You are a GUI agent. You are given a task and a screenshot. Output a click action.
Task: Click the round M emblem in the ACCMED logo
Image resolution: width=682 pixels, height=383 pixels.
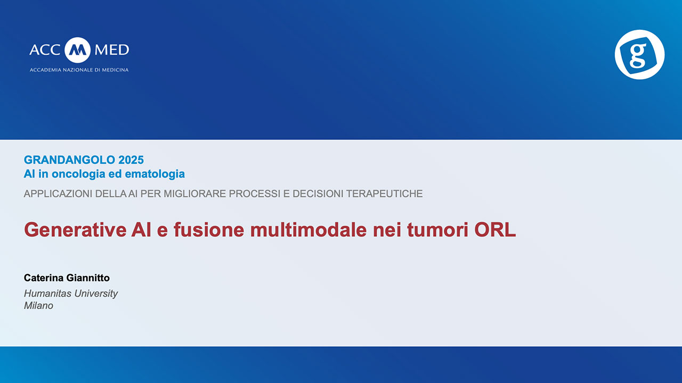(x=77, y=50)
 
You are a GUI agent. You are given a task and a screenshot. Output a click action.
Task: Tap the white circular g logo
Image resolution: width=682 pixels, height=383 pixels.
(x=639, y=54)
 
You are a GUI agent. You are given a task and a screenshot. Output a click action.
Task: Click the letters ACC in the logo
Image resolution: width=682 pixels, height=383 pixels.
(x=45, y=50)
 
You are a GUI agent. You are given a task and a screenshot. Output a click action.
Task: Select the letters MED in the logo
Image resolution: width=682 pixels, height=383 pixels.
(x=112, y=50)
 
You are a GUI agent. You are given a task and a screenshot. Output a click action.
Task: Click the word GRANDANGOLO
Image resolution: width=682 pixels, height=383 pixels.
(x=69, y=160)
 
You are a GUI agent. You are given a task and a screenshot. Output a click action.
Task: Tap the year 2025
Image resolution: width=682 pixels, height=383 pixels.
(x=131, y=160)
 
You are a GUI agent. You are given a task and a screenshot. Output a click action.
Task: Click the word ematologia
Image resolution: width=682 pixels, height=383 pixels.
(x=155, y=174)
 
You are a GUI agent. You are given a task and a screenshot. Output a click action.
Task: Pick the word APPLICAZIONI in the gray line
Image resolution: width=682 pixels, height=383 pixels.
(x=58, y=194)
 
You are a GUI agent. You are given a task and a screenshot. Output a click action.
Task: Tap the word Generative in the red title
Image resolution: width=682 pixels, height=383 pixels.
(x=75, y=230)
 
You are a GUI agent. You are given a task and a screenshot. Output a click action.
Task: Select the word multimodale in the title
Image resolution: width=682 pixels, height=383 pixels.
(x=308, y=230)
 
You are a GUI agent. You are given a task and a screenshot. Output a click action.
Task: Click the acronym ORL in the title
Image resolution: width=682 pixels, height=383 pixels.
(x=495, y=230)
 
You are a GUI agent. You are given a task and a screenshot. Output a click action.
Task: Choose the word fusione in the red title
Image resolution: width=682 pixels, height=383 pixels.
(x=209, y=230)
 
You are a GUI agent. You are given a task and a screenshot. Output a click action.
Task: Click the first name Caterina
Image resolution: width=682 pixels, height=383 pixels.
(x=44, y=278)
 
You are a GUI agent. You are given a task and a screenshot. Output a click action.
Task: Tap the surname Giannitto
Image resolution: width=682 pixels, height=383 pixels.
(x=88, y=278)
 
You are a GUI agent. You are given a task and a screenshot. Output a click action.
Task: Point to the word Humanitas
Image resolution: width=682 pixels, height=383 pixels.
(x=48, y=293)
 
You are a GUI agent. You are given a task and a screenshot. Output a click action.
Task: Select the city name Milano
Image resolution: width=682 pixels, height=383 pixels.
(x=39, y=305)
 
